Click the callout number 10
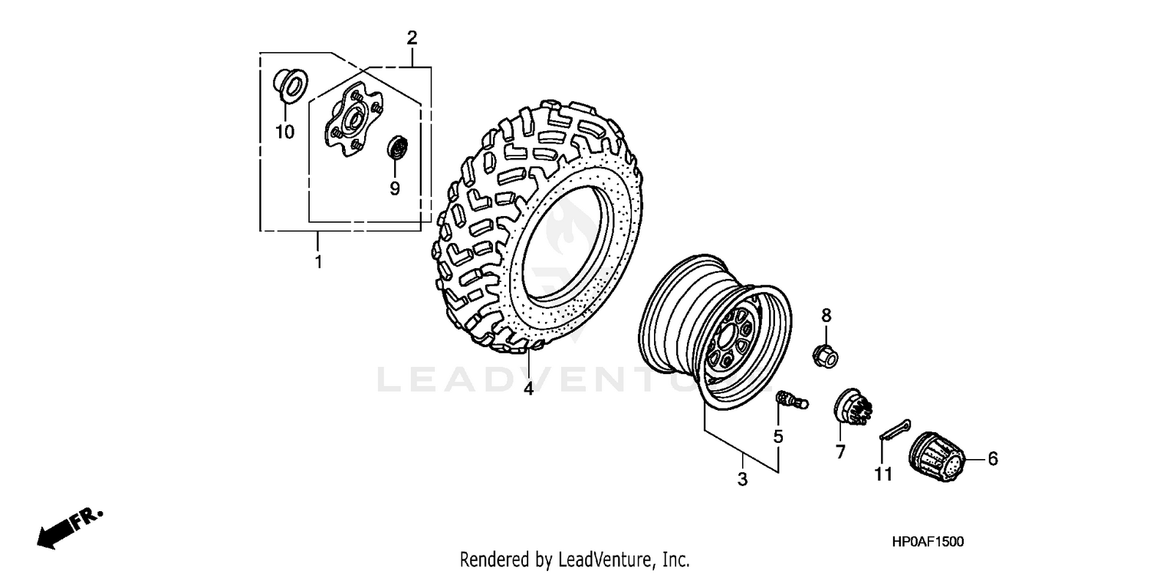click(x=284, y=132)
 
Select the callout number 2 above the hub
click(x=412, y=37)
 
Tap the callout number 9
click(x=395, y=188)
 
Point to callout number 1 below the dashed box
click(x=318, y=262)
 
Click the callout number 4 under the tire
click(x=528, y=389)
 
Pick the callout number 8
click(x=826, y=315)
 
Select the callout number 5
click(x=778, y=437)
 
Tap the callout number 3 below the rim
click(x=742, y=480)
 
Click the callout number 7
click(x=840, y=452)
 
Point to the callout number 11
click(x=884, y=475)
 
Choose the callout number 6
click(x=993, y=459)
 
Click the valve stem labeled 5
click(x=788, y=399)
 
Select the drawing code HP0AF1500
click(x=928, y=542)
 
